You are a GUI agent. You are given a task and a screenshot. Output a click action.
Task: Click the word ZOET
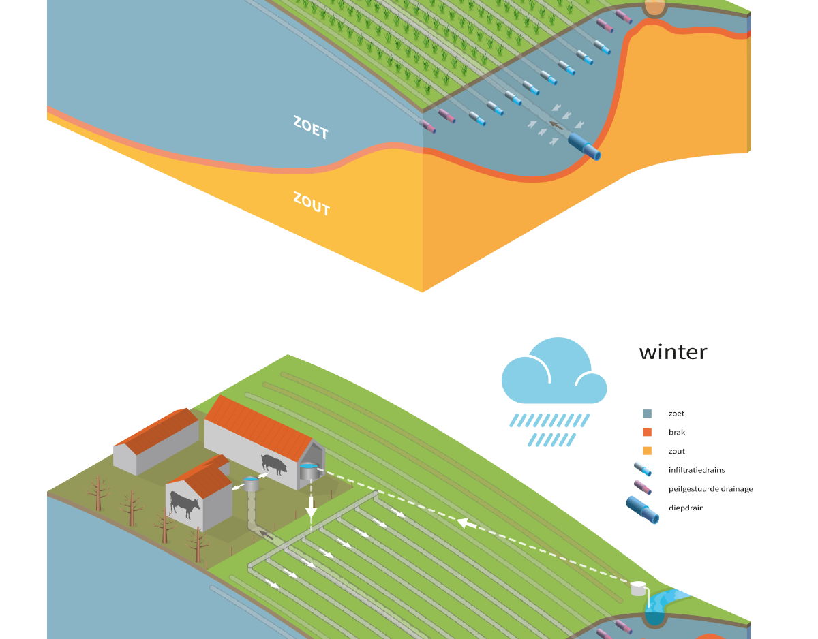click(x=311, y=128)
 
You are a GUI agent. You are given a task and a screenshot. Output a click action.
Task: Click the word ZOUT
click(x=312, y=204)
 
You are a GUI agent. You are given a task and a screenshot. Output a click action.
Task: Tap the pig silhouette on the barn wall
click(x=274, y=463)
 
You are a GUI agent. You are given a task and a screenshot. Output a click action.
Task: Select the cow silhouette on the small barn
click(x=185, y=505)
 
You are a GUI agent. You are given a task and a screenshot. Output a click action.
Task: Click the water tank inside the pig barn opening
click(x=309, y=470)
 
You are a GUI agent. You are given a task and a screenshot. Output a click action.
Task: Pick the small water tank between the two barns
click(x=252, y=484)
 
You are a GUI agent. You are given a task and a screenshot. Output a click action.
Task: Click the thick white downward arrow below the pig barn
click(x=311, y=508)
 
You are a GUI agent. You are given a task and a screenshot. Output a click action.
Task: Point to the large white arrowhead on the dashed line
click(x=466, y=523)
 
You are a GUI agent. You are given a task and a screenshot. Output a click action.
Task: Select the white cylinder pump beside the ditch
click(x=638, y=588)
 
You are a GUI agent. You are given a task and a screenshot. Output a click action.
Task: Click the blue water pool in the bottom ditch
click(x=654, y=618)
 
